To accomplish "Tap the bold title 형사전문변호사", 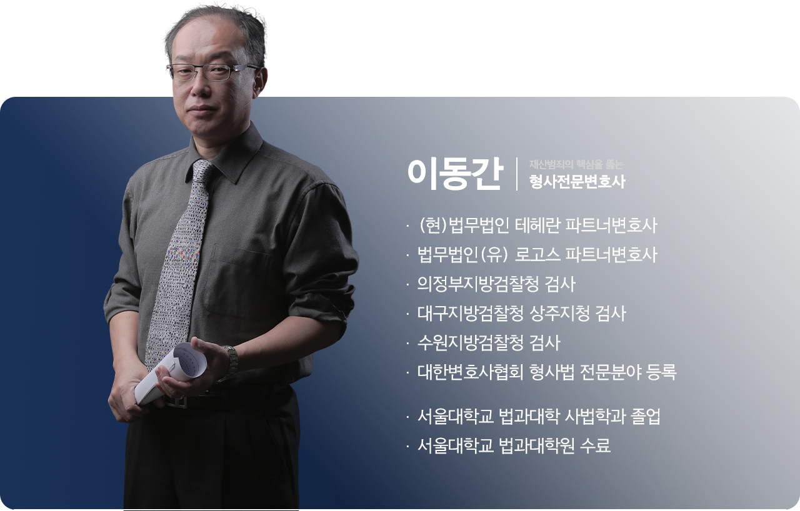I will [577, 182].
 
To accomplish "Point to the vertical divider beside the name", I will [517, 174].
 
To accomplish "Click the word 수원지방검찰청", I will [470, 343].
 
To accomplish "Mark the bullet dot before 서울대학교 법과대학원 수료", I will [407, 446].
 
